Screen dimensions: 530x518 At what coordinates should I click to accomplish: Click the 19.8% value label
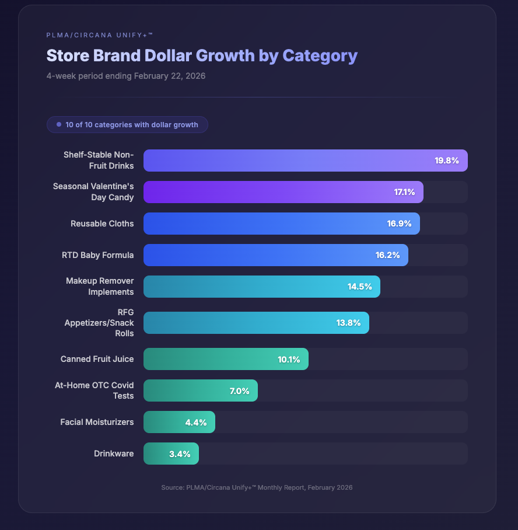pyautogui.click(x=447, y=161)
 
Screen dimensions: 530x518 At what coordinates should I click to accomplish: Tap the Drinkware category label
pyautogui.click(x=114, y=454)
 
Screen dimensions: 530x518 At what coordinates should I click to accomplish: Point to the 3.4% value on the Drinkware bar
pyautogui.click(x=180, y=454)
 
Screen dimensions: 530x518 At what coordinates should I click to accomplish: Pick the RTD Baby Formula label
pyautogui.click(x=98, y=255)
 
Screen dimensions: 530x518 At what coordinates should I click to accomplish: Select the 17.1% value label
pyautogui.click(x=404, y=192)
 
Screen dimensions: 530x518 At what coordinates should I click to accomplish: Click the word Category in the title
pyautogui.click(x=320, y=55)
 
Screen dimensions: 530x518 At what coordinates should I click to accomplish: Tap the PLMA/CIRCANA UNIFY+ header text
pyautogui.click(x=99, y=35)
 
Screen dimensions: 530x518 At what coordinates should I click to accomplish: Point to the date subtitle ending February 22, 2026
pyautogui.click(x=126, y=76)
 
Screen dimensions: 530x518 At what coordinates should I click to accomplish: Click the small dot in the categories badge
pyautogui.click(x=59, y=124)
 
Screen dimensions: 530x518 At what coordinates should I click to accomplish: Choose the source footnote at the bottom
pyautogui.click(x=257, y=487)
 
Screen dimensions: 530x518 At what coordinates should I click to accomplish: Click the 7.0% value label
pyautogui.click(x=239, y=391)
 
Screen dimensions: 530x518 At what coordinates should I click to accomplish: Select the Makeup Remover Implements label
pyautogui.click(x=100, y=287)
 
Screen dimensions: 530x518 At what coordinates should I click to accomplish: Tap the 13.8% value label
pyautogui.click(x=348, y=323)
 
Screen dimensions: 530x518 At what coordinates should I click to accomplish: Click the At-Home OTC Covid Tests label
pyautogui.click(x=97, y=390)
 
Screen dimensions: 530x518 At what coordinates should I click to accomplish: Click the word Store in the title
pyautogui.click(x=67, y=55)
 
